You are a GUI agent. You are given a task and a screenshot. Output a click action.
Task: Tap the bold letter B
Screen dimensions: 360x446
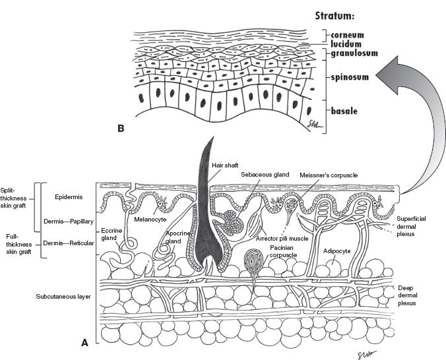pyautogui.click(x=121, y=128)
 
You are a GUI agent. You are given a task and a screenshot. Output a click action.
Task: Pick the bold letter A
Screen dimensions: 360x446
pyautogui.click(x=84, y=342)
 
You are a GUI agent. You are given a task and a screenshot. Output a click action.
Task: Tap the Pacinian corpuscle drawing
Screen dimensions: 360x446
pyautogui.click(x=254, y=260)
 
